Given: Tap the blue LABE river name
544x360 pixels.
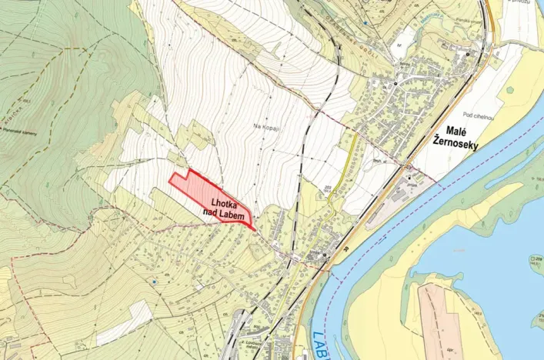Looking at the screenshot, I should [322, 343].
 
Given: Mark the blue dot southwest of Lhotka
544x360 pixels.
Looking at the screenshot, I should [155, 281].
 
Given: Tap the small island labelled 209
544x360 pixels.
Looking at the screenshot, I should [536, 260].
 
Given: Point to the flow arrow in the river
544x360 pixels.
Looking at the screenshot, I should [446, 14].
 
